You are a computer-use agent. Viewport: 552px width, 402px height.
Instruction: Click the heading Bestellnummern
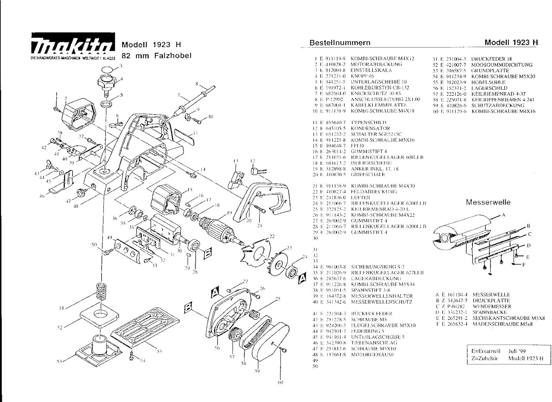pos(340,43)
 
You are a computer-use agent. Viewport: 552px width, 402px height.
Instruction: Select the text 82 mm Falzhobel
pos(156,56)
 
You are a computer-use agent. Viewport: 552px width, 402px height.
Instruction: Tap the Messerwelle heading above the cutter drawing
pos(488,202)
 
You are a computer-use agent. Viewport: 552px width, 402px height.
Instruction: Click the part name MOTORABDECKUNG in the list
pos(376,64)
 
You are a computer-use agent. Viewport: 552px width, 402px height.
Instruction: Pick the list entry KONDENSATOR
pos(370,128)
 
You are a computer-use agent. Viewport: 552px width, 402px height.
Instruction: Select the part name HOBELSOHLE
pos(488,82)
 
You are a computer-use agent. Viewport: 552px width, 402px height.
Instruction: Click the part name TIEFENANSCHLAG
pos(374,343)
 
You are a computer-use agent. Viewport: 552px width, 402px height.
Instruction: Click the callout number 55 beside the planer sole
pos(159,351)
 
